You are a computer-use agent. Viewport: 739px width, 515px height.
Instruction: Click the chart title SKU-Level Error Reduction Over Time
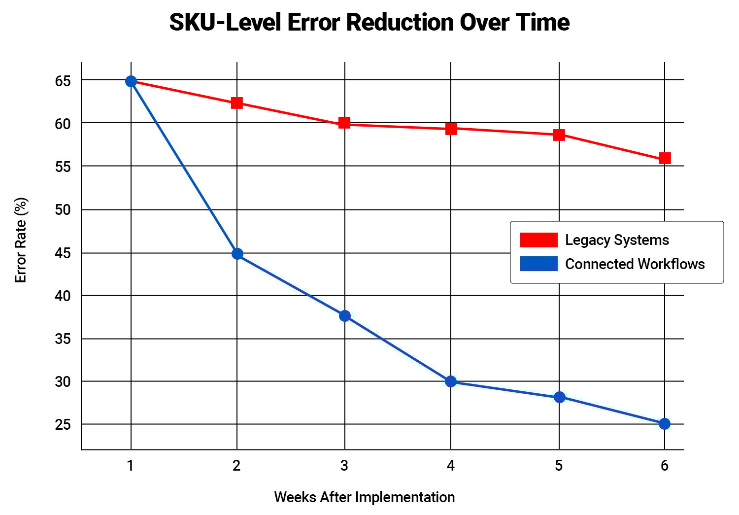coord(369,23)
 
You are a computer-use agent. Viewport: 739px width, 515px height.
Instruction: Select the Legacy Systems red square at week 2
coord(237,103)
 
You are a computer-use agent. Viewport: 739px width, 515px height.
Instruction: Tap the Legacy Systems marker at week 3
coord(344,123)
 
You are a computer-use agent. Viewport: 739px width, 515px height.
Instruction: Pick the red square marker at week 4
coord(451,129)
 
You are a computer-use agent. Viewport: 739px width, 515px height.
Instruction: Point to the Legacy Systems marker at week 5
coord(559,135)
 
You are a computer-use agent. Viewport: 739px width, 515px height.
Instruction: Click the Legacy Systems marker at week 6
coord(665,158)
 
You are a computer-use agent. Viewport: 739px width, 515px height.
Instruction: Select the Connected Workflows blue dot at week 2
coord(237,254)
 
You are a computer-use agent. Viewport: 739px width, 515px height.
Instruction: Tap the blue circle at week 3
coord(345,316)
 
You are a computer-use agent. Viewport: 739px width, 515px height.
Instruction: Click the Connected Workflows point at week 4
coord(451,381)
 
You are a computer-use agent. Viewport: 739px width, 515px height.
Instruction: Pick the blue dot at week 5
coord(559,397)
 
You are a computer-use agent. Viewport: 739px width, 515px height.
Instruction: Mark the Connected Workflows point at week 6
coord(665,424)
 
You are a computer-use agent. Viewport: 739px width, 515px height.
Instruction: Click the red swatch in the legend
coord(538,240)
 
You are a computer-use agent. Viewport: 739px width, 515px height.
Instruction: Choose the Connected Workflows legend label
coord(635,264)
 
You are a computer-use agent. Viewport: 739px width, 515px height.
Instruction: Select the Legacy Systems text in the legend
coord(617,240)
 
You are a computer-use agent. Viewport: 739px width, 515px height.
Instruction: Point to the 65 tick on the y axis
coord(63,81)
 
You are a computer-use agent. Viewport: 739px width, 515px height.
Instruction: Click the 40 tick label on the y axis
coord(63,296)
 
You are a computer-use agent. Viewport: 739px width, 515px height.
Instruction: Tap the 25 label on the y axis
coord(63,425)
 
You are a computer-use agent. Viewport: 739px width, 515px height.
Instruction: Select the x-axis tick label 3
coord(344,466)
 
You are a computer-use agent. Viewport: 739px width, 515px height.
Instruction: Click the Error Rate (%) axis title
coord(21,240)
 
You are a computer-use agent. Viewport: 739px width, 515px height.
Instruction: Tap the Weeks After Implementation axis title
coord(364,497)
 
